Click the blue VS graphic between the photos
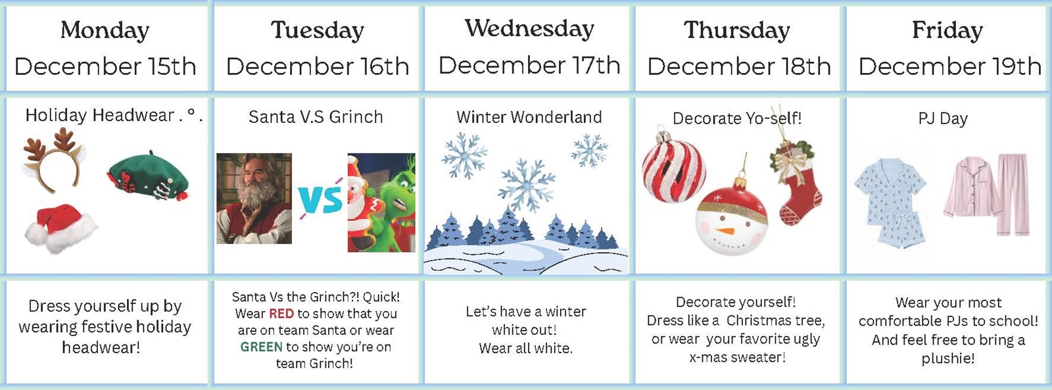click(x=320, y=199)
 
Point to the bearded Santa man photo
click(x=254, y=197)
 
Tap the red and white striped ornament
click(x=673, y=169)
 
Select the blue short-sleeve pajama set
click(x=891, y=201)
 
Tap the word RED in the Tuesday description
click(x=281, y=314)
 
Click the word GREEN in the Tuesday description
click(x=261, y=347)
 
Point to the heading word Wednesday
click(x=529, y=28)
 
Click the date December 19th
click(x=949, y=66)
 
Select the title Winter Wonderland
click(x=529, y=117)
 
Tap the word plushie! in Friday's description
click(x=948, y=358)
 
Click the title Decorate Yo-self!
click(x=737, y=118)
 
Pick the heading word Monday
click(x=105, y=30)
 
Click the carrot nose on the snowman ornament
click(x=725, y=231)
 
